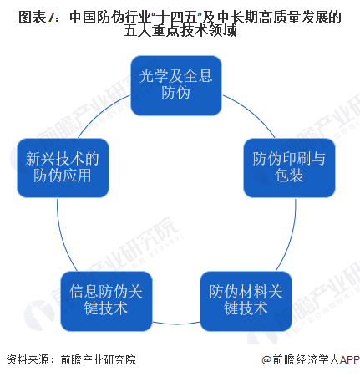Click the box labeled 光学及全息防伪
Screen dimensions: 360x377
[x=176, y=85]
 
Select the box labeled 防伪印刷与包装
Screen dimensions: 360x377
[x=289, y=168]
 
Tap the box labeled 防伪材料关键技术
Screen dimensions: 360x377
[x=246, y=301]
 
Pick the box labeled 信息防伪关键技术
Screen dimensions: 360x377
[x=106, y=301]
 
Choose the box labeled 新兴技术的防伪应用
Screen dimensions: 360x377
[x=63, y=168]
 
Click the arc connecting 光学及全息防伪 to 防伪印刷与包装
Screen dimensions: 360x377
[x=252, y=112]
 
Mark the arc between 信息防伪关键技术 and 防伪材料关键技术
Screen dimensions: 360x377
[x=176, y=324]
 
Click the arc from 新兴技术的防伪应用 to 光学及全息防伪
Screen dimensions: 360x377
[x=100, y=112]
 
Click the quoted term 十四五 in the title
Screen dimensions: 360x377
[x=177, y=18]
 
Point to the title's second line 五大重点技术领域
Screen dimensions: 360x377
[x=180, y=31]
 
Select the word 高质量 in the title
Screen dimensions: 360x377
[x=280, y=18]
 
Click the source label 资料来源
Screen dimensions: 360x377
[x=28, y=359]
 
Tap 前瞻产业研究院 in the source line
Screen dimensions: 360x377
[x=98, y=359]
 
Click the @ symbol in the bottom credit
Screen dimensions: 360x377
[x=266, y=360]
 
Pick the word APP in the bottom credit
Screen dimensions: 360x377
[x=350, y=359]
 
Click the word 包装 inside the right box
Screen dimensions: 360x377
[x=289, y=176]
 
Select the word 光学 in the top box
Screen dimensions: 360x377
[x=154, y=76]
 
